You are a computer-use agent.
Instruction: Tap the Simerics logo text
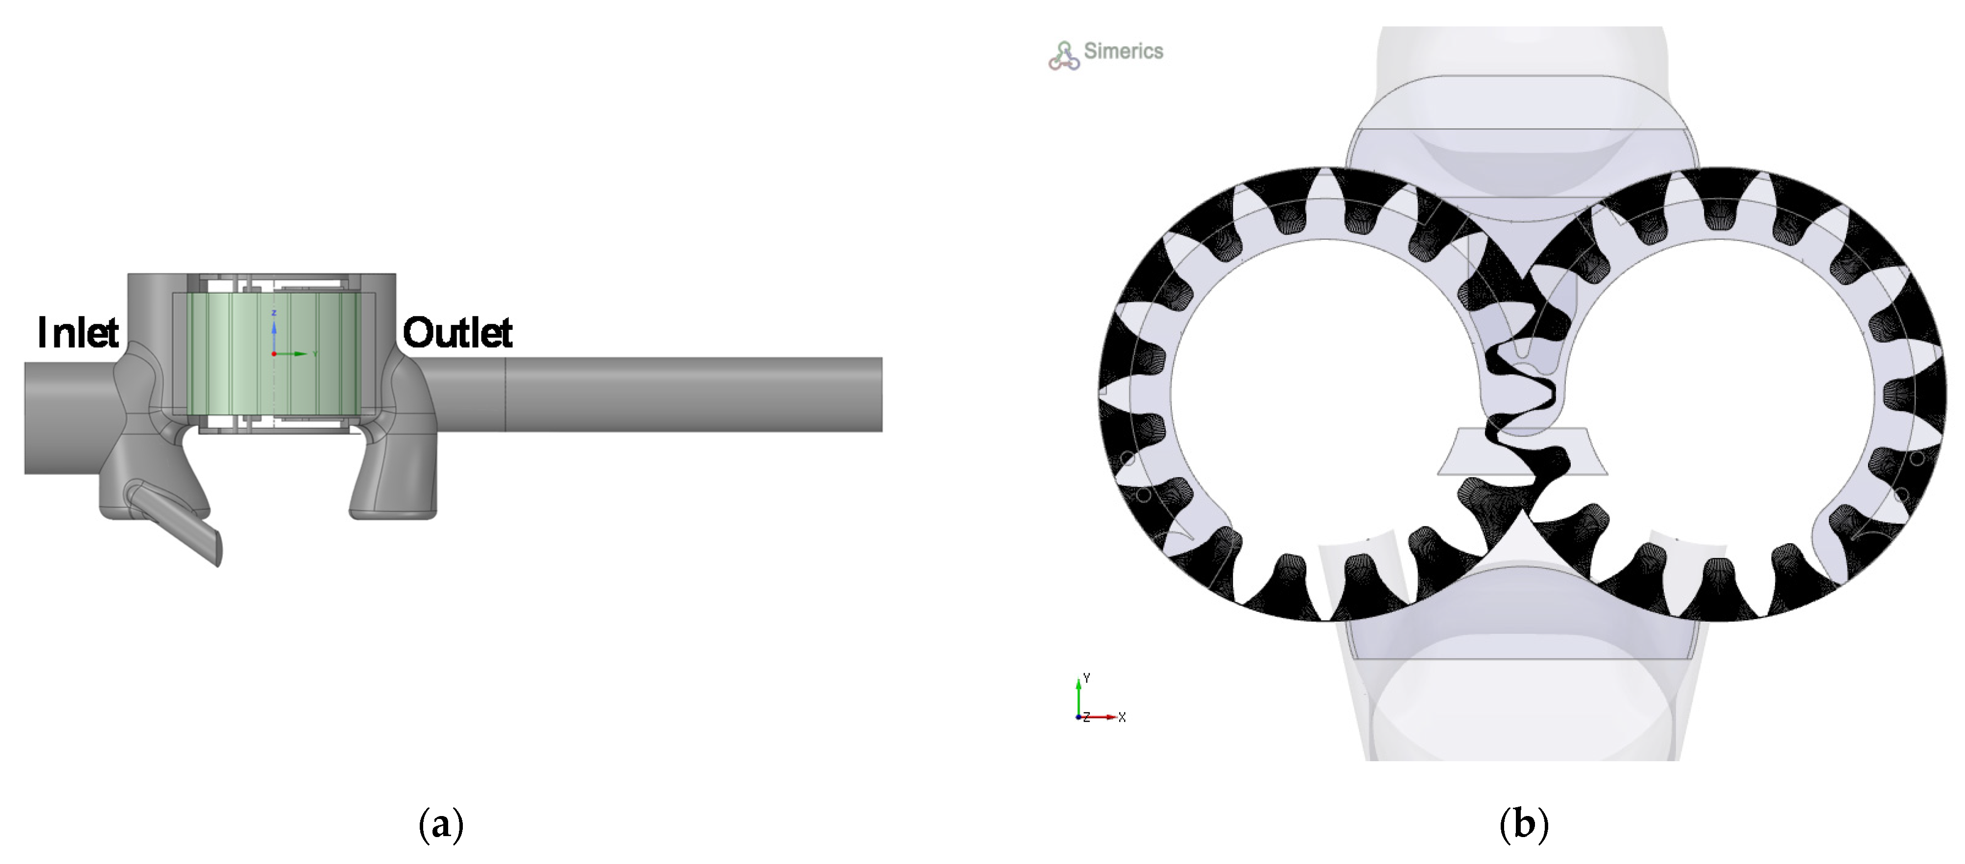(x=1124, y=51)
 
